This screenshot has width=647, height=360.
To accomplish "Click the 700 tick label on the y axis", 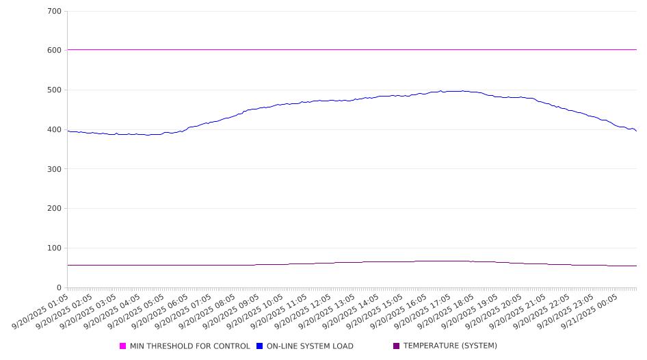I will click(x=55, y=12).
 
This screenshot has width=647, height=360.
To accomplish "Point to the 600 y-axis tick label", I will click(x=55, y=51).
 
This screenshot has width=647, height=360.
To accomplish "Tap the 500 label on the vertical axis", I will click(x=55, y=90).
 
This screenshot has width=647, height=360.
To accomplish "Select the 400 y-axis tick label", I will click(x=55, y=130).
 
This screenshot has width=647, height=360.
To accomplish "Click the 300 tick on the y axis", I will click(x=55, y=169).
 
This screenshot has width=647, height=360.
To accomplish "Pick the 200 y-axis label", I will click(x=55, y=209).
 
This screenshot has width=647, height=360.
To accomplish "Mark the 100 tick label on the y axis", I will click(x=55, y=248).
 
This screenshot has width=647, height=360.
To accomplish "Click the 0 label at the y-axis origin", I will click(x=60, y=288).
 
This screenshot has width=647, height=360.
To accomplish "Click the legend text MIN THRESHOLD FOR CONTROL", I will click(x=189, y=346).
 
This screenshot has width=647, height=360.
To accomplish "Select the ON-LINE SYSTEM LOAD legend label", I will click(x=310, y=346).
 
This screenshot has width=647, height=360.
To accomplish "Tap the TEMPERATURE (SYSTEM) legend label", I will click(x=450, y=346).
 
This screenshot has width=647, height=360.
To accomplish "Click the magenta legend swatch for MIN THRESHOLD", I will click(x=123, y=346).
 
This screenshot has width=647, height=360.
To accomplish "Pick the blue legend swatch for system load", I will click(x=260, y=346).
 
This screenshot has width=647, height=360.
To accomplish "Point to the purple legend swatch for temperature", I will click(x=397, y=346).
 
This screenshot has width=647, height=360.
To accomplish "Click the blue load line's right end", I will click(x=636, y=131).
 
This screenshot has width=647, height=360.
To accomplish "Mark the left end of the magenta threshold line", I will click(x=68, y=49).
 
